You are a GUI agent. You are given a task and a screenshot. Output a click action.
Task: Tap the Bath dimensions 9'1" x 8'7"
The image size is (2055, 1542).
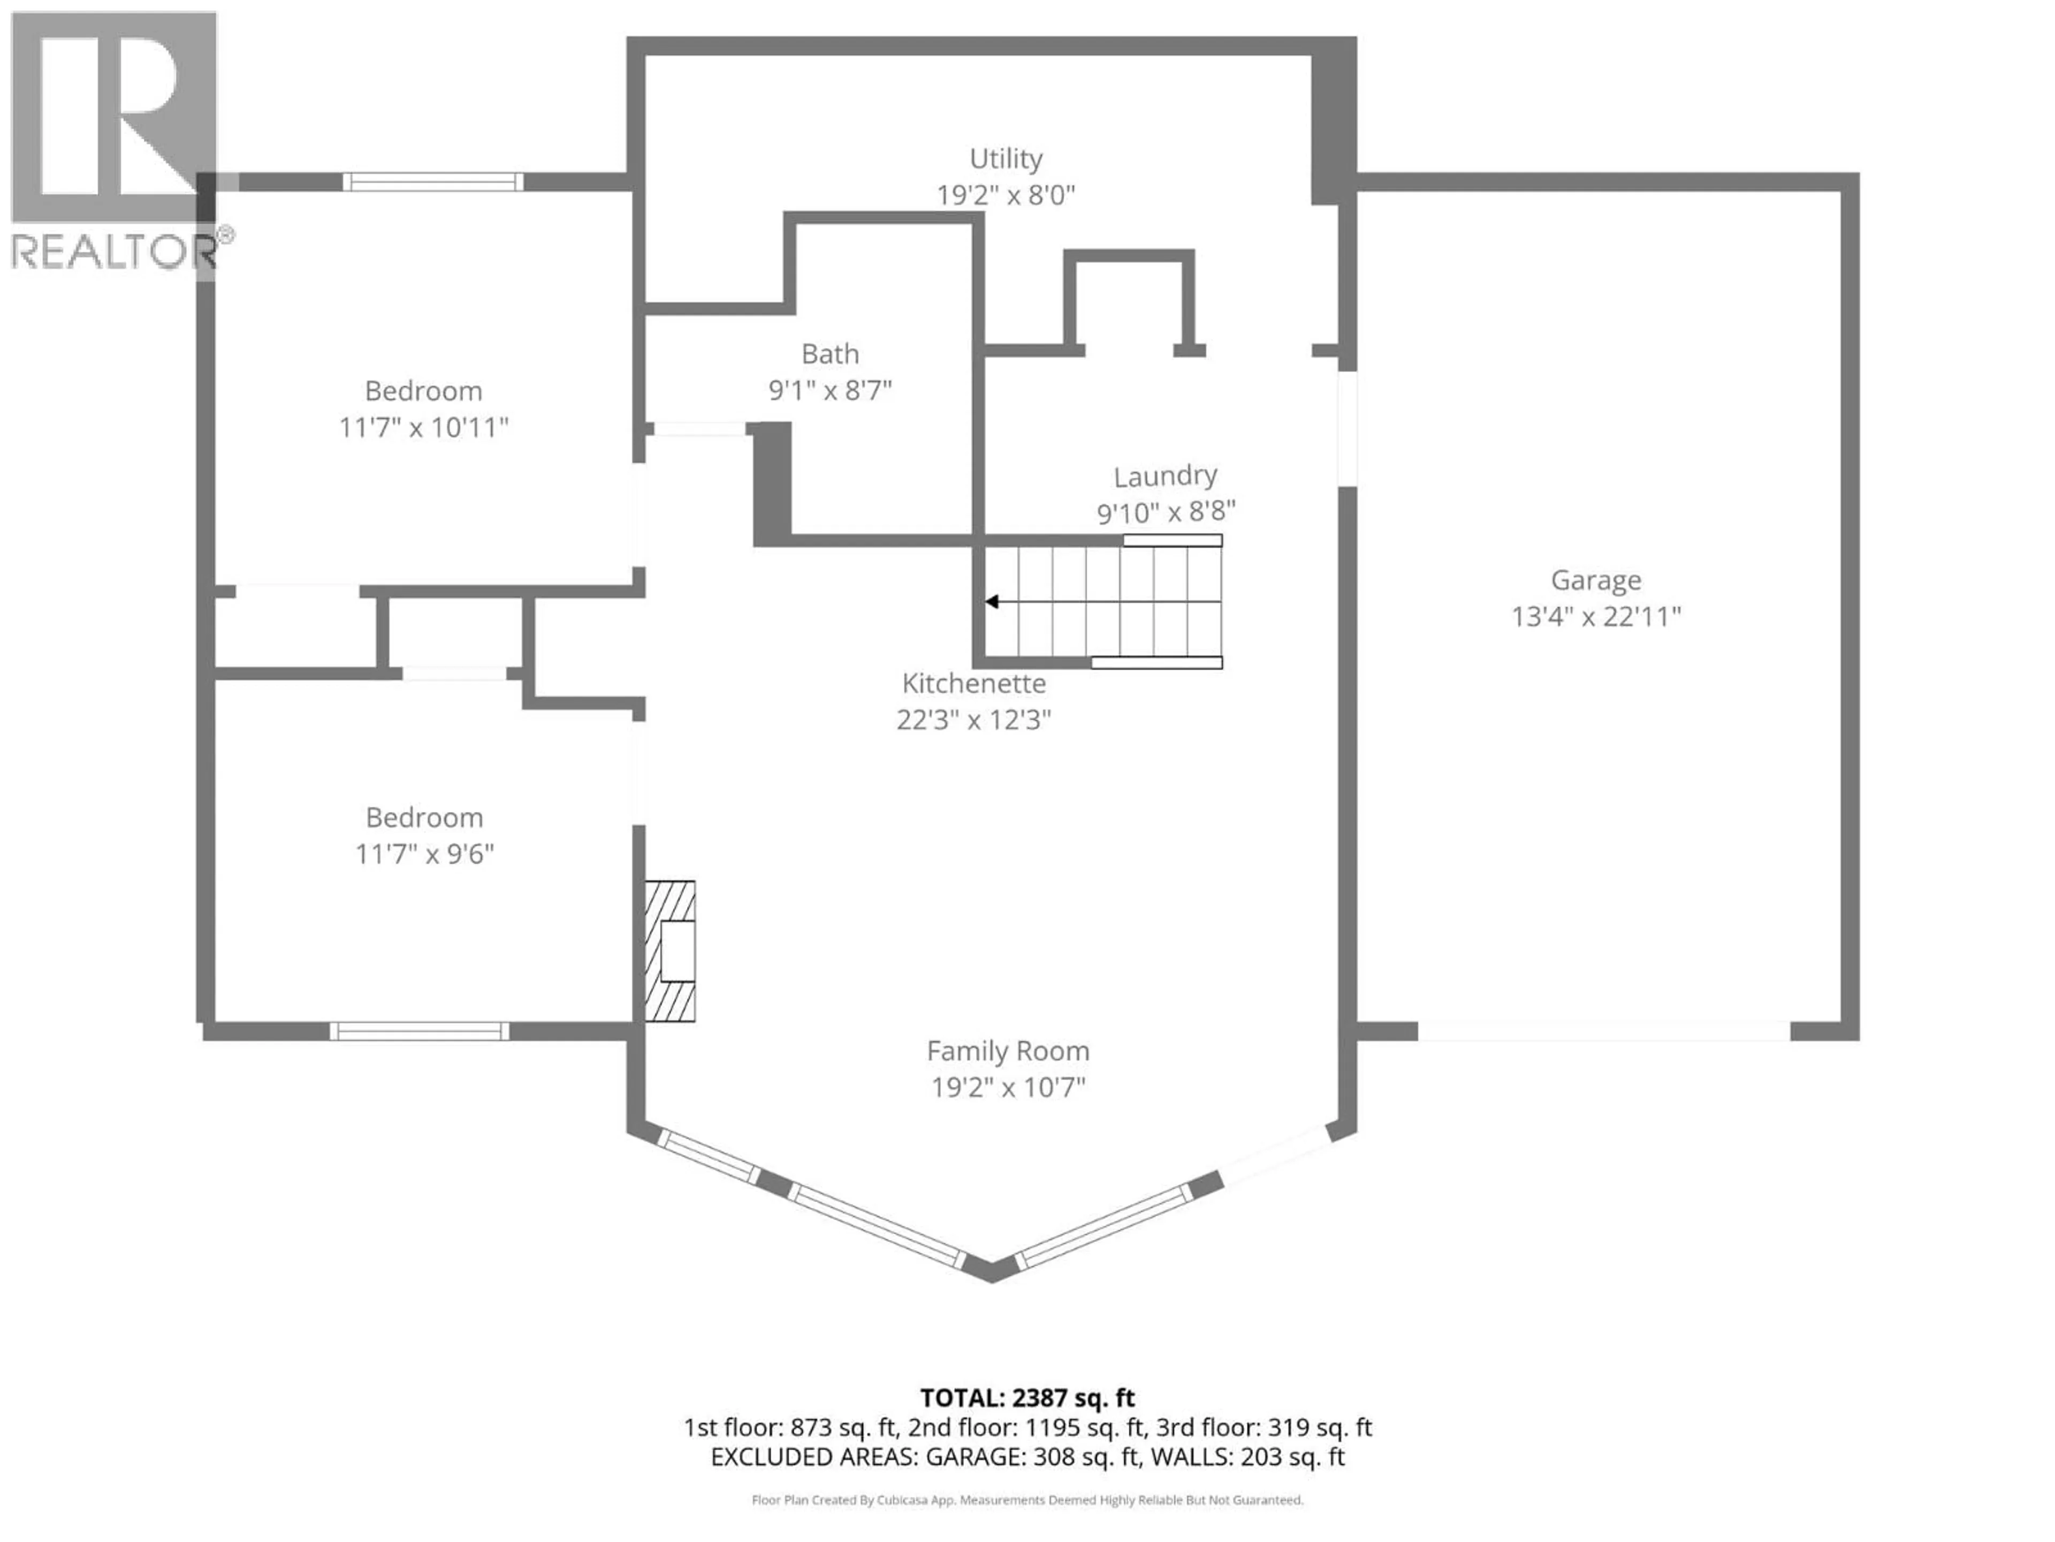coord(829,390)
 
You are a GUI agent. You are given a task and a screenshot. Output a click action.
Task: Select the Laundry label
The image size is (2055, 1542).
coord(1165,476)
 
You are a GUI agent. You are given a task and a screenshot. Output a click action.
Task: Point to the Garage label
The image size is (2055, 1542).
coord(1595,580)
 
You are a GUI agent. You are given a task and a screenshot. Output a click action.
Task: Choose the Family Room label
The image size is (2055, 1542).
coord(1008,1051)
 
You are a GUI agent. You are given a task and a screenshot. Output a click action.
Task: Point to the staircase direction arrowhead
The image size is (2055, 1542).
coord(991,602)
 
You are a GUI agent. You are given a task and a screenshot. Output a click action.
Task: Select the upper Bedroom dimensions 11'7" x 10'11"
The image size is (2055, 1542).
coord(424,428)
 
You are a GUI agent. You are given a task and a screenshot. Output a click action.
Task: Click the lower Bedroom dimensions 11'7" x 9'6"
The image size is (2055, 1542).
coord(424,854)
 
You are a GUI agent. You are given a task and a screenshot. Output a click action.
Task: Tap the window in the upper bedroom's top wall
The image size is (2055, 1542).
coord(433,182)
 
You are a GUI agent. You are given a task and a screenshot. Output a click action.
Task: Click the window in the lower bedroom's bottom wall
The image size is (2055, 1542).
coord(419,1031)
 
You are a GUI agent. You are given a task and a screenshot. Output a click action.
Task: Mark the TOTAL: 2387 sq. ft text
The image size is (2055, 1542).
coord(1026,1398)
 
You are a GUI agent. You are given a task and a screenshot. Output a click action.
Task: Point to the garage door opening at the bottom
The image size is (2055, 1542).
coord(1603,1031)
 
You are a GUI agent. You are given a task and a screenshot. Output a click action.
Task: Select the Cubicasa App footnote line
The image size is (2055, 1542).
coord(1026,1500)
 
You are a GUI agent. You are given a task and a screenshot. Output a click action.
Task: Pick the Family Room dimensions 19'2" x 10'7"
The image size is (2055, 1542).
coord(1008,1087)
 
